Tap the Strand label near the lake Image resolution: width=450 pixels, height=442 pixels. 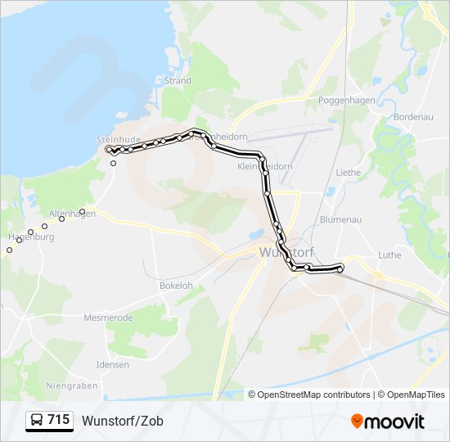(x=178, y=81)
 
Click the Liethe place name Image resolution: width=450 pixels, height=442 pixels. (x=349, y=173)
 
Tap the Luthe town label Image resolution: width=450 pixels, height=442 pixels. (x=390, y=255)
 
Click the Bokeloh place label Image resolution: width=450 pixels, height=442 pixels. (x=176, y=286)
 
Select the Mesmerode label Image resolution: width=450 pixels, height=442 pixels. (x=108, y=317)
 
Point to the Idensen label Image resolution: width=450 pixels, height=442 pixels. (x=112, y=364)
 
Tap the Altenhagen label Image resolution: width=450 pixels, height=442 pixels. (x=72, y=214)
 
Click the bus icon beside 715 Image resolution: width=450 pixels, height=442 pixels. (x=37, y=421)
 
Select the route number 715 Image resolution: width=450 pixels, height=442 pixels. (x=58, y=420)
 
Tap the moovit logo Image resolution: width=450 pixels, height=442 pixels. (x=388, y=422)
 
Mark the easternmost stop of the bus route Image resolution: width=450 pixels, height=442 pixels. (x=340, y=268)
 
